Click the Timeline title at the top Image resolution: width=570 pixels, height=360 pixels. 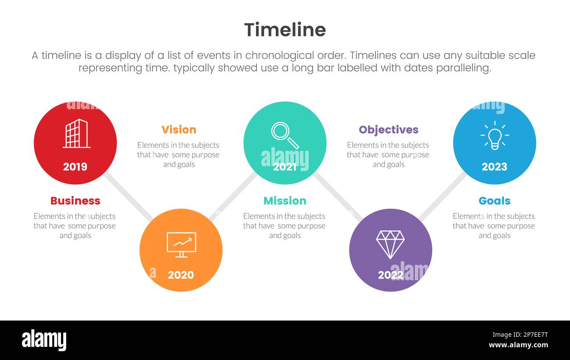click(x=285, y=30)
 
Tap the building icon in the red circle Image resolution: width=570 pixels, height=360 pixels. click(x=76, y=133)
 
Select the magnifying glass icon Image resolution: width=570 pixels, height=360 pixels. click(x=285, y=135)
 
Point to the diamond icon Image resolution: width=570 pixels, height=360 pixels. click(x=390, y=244)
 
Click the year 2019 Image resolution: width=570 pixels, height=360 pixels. click(x=75, y=167)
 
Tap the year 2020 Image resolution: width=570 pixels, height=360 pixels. click(x=181, y=275)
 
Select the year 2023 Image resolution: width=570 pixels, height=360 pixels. click(x=494, y=167)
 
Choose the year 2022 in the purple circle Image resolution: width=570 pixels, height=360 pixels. click(x=390, y=275)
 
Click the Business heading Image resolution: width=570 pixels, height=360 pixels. click(x=75, y=201)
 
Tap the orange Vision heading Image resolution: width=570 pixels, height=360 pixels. click(x=179, y=130)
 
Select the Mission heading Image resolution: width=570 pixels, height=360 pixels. click(x=285, y=201)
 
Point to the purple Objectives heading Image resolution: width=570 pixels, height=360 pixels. click(x=388, y=130)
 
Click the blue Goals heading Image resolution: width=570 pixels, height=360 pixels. click(x=494, y=201)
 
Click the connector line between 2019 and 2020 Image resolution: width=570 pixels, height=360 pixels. click(x=128, y=196)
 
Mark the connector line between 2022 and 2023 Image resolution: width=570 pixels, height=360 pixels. click(x=442, y=196)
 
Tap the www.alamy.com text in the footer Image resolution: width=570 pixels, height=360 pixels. click(x=518, y=345)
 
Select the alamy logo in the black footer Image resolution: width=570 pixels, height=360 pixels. click(x=44, y=340)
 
